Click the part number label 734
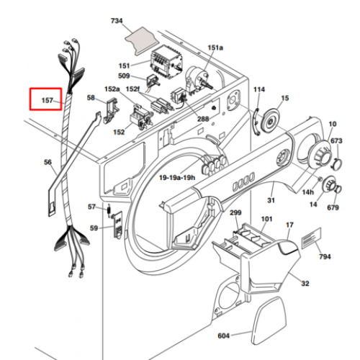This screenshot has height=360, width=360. point(117,21)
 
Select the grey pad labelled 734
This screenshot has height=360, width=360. point(142,41)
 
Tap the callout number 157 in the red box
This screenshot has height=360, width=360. point(48,100)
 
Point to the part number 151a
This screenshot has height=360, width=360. point(215,48)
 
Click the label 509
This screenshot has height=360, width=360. point(124,76)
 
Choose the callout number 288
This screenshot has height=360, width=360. point(203,119)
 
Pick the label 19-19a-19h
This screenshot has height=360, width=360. point(177,178)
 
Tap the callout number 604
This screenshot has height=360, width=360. point(223,336)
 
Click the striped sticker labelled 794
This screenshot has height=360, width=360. point(311,239)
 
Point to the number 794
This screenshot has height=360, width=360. point(325,256)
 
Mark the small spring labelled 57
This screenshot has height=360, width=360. point(109,210)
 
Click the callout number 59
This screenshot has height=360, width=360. point(94,228)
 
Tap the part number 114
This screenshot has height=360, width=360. point(259,89)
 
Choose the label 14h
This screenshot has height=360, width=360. point(308,192)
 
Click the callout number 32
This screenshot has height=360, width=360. point(305,284)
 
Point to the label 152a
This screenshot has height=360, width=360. point(112,89)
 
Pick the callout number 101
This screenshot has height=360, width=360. point(266,219)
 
